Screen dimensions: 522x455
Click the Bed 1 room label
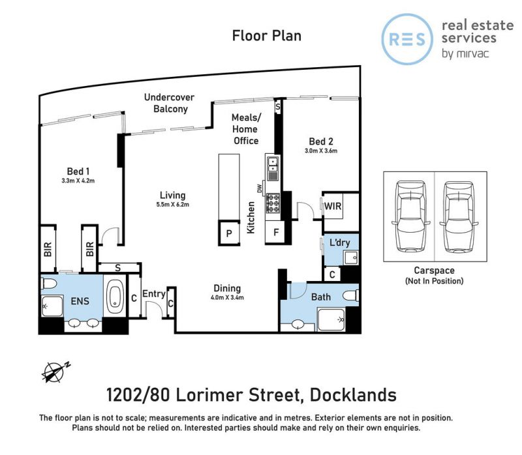tap(78, 171)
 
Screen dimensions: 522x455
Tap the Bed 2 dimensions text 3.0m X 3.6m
tap(321, 151)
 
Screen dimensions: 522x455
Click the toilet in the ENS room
tap(49, 284)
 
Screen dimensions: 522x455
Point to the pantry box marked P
tap(229, 233)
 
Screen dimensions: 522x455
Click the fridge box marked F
tap(275, 232)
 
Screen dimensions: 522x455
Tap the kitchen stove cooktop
tap(273, 203)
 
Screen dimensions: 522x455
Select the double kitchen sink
tap(273, 168)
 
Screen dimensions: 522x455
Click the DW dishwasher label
tap(260, 188)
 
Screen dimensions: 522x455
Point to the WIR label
tap(333, 206)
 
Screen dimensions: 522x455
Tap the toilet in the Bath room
tap(350, 295)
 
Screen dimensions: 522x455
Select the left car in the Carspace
tap(410, 216)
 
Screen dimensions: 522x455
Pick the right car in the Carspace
tap(459, 216)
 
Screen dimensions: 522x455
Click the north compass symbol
tap(55, 372)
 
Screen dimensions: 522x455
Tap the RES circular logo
tap(407, 39)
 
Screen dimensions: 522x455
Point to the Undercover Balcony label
tap(170, 103)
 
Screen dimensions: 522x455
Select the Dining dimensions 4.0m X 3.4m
tap(227, 298)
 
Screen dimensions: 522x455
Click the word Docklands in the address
tap(353, 395)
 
